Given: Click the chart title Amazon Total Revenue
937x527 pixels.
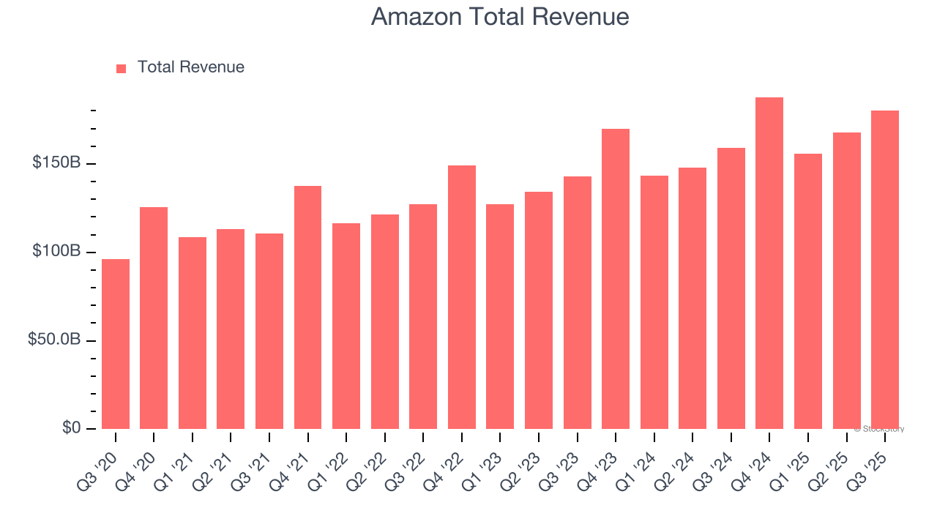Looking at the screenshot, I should click(500, 17).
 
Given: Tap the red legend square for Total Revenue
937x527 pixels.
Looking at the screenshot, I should click(122, 68).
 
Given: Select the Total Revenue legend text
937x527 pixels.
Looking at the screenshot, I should click(190, 67).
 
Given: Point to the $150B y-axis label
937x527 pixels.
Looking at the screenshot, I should click(56, 162).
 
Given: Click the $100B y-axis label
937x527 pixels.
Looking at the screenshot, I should click(56, 251).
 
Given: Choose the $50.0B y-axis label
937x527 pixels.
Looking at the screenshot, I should click(53, 340).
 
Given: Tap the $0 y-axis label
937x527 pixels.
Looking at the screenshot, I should click(70, 427).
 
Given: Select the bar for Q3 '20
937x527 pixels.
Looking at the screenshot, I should click(116, 344).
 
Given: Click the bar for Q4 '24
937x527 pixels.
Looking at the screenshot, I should click(769, 263).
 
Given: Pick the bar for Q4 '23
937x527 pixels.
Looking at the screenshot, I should click(616, 279).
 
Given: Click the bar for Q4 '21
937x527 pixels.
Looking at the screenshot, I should click(307, 307).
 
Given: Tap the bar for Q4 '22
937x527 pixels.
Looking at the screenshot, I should click(462, 297).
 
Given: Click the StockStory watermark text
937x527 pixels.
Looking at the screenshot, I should click(879, 429).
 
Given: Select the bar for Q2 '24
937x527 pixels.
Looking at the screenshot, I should click(693, 298).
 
